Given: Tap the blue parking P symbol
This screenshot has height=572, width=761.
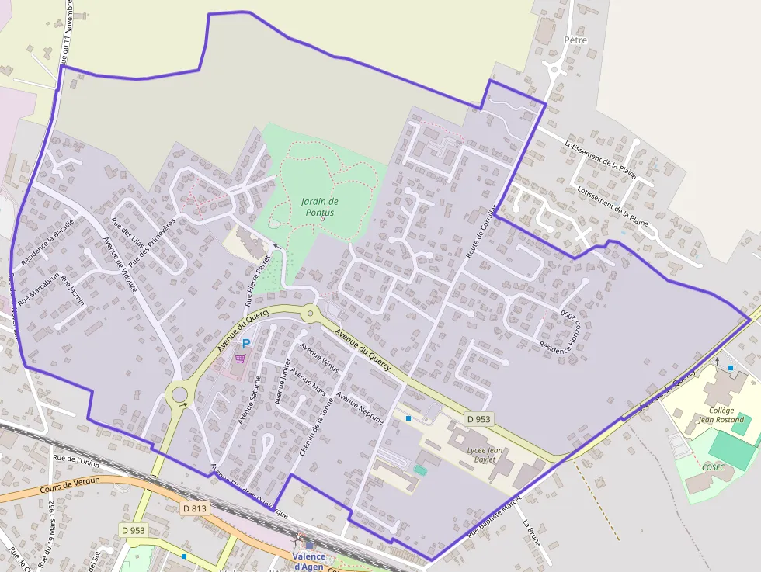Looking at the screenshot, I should (246, 343).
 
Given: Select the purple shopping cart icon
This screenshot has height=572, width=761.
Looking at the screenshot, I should (241, 358).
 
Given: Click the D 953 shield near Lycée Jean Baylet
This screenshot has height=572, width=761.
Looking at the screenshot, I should (479, 419).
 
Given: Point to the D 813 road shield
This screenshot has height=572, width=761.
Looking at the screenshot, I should (195, 508).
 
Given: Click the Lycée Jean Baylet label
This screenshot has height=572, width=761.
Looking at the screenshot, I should (485, 455).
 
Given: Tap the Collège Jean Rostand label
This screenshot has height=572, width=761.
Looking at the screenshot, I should (721, 415).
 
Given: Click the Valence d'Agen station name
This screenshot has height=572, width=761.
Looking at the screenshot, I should (309, 561).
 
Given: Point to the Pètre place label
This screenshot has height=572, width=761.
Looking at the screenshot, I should (575, 40).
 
